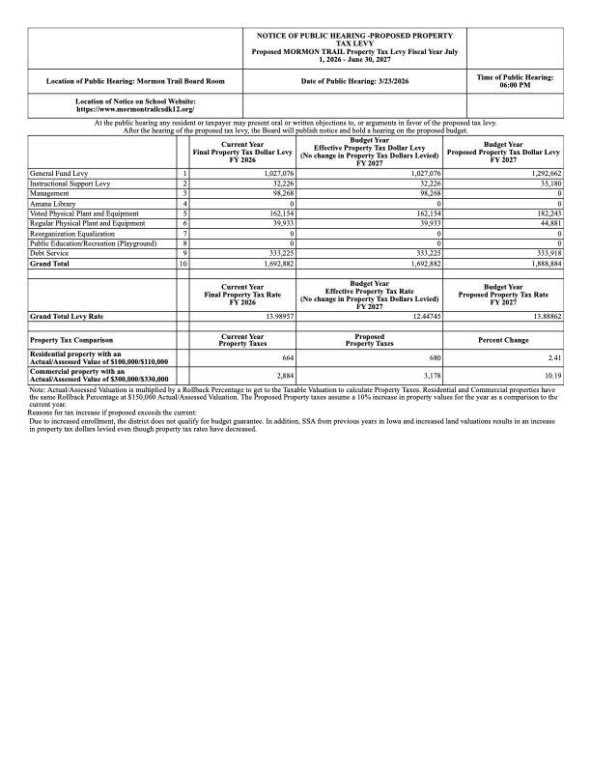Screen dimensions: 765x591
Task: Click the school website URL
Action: [135, 109]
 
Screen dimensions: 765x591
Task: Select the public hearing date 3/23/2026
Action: [354, 81]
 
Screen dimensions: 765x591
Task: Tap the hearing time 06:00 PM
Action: [515, 86]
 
